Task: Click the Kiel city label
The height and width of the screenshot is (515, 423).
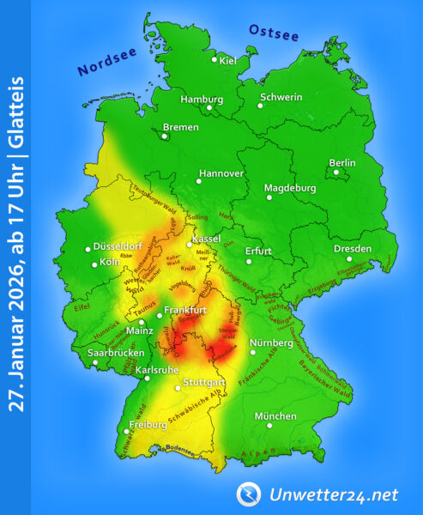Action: click(x=228, y=60)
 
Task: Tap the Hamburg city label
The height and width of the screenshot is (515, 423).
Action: click(x=202, y=99)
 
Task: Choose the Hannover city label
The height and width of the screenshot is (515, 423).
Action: click(x=221, y=173)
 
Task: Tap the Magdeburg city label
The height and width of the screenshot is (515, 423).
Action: click(x=290, y=188)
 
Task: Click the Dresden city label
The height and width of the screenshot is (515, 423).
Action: click(x=353, y=249)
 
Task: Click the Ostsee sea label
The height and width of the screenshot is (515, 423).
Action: click(x=273, y=33)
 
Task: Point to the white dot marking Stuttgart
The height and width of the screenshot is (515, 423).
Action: click(x=178, y=388)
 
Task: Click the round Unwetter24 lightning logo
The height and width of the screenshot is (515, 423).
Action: click(x=248, y=494)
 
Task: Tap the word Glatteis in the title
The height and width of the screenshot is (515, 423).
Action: click(x=16, y=116)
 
